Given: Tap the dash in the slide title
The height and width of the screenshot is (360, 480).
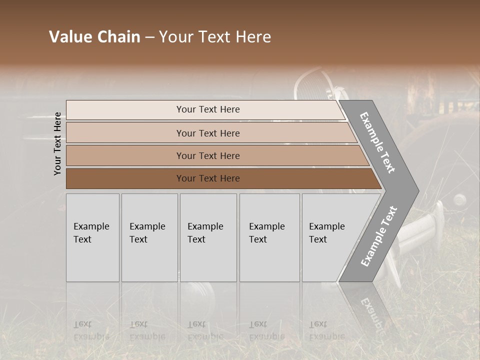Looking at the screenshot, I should point(149,37).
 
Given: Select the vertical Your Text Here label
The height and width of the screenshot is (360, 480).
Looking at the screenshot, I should point(57,143).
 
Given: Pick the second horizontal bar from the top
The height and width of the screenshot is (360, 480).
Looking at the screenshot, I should point(207,133).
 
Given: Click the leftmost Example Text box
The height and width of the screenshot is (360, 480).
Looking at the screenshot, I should point(92,237).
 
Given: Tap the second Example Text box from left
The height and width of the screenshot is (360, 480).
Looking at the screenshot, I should point(149,237).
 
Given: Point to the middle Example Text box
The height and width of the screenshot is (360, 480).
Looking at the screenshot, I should point(208,237).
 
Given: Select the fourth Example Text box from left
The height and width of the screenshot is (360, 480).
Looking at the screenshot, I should point(269,237).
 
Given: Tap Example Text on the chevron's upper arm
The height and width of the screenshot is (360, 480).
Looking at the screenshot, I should point(378,142).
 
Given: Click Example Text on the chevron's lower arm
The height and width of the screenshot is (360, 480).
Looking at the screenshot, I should point(379,236).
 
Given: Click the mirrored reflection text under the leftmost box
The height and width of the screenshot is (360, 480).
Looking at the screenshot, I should point(91,330).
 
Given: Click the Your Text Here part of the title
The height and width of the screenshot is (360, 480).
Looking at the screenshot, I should point(215,37).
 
